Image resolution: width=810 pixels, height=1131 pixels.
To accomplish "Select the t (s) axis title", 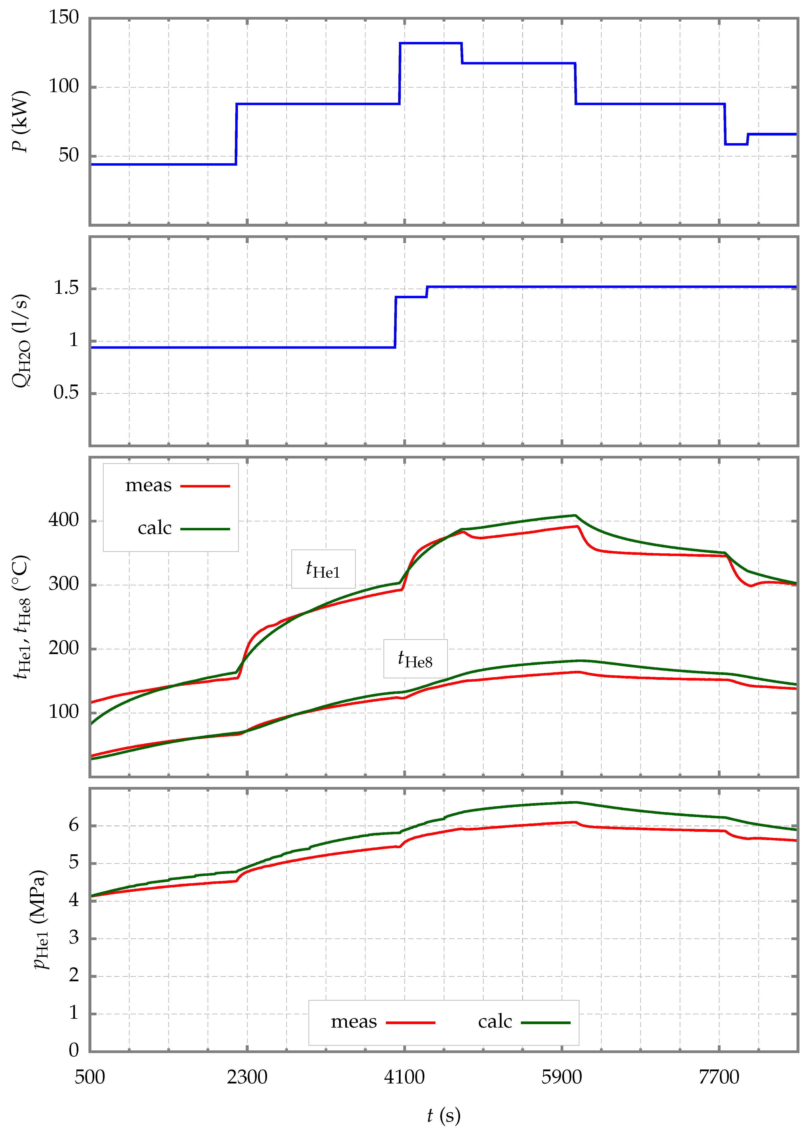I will click(444, 1115).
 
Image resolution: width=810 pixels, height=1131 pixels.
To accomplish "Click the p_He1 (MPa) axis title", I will click(41, 919).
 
